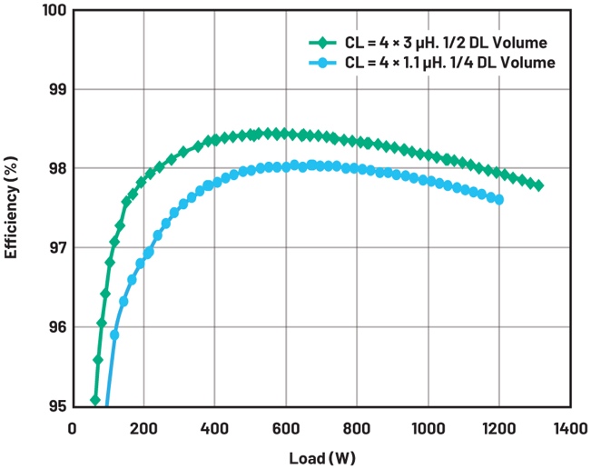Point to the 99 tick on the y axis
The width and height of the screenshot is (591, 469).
click(54, 90)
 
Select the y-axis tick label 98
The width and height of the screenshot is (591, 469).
click(54, 169)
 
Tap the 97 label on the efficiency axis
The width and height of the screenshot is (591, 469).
click(54, 248)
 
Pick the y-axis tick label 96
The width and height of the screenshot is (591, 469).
click(54, 327)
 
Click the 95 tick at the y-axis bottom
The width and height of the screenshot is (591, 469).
click(54, 405)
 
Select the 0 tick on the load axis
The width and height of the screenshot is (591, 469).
click(73, 425)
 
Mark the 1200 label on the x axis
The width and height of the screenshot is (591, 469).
click(499, 425)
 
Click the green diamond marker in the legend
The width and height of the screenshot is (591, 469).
click(318, 43)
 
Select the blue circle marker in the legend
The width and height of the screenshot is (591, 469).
click(318, 62)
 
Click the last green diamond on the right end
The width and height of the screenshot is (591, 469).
click(538, 185)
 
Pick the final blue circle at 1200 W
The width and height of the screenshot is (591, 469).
click(499, 199)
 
